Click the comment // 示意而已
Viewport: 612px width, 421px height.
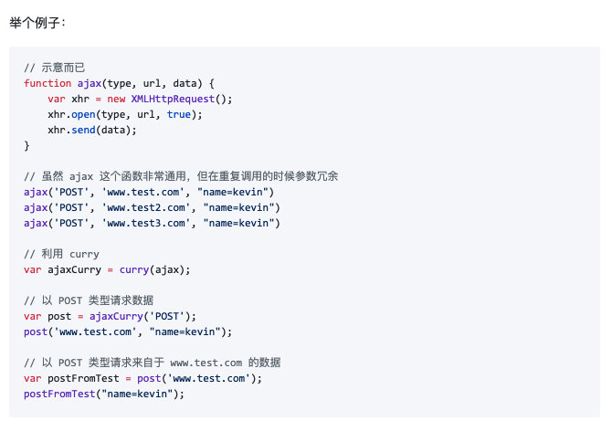pos(56,68)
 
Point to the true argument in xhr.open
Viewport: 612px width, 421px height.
pos(179,114)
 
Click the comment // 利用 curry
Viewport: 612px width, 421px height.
pos(61,254)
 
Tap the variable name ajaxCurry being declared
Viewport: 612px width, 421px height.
pos(76,269)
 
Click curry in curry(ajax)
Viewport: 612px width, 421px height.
pos(133,269)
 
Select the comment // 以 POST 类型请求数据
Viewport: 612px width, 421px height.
pos(89,300)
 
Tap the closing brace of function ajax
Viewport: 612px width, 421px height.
pos(27,145)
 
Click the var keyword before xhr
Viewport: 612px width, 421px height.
pos(57,99)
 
